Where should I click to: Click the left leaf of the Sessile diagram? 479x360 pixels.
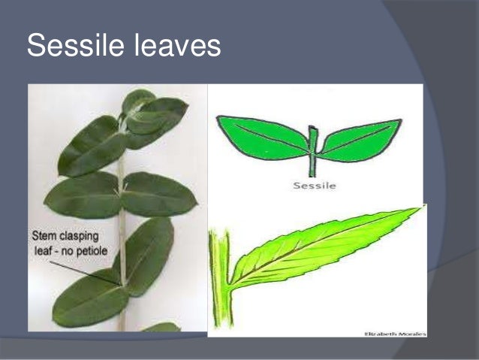[x=263, y=137]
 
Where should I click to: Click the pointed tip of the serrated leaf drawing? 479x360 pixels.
[x=417, y=210]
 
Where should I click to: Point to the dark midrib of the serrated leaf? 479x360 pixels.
[x=323, y=247]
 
